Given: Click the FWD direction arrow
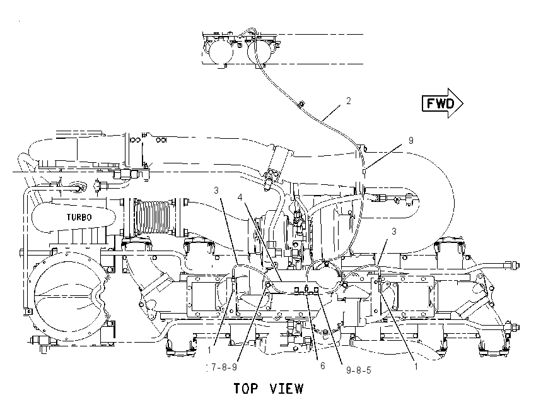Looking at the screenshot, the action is [x=442, y=103].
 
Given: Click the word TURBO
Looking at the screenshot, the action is [x=79, y=217].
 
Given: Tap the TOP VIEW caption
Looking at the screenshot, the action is [x=269, y=389].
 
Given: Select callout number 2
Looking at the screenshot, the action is [x=348, y=101].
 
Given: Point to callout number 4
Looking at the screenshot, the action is [x=240, y=198].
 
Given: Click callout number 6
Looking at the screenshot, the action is [x=322, y=365].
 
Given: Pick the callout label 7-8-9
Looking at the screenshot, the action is [x=224, y=367].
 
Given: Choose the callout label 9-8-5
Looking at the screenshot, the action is [x=359, y=370].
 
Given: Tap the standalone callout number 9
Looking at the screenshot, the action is [x=411, y=140].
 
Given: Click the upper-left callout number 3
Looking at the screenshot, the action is [x=216, y=190].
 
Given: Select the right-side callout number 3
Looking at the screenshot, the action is [x=393, y=232].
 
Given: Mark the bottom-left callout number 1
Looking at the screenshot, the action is [x=209, y=350].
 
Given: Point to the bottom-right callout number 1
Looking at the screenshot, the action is [x=416, y=367].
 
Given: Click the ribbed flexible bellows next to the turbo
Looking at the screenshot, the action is [x=154, y=218].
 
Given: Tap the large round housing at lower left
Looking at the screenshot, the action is [x=67, y=296].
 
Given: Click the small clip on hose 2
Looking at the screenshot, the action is [x=301, y=103].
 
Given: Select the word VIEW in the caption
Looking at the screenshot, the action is [x=286, y=389].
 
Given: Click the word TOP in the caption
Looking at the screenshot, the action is [x=246, y=389].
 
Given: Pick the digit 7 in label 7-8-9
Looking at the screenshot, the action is [x=214, y=367].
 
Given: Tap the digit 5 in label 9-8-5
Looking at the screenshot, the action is [x=368, y=370].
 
